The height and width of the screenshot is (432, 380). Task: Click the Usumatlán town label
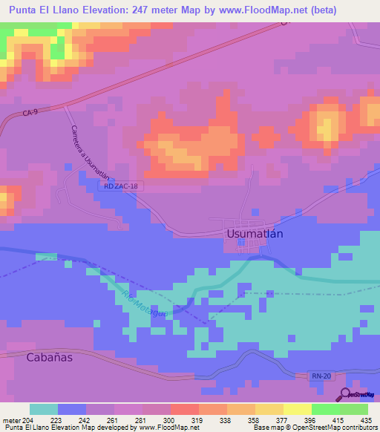tap(254, 233)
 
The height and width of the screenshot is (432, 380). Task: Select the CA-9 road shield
tap(30, 113)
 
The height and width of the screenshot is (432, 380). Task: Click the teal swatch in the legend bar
tap(44, 409)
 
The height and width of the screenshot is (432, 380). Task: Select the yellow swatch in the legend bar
tap(298, 409)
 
